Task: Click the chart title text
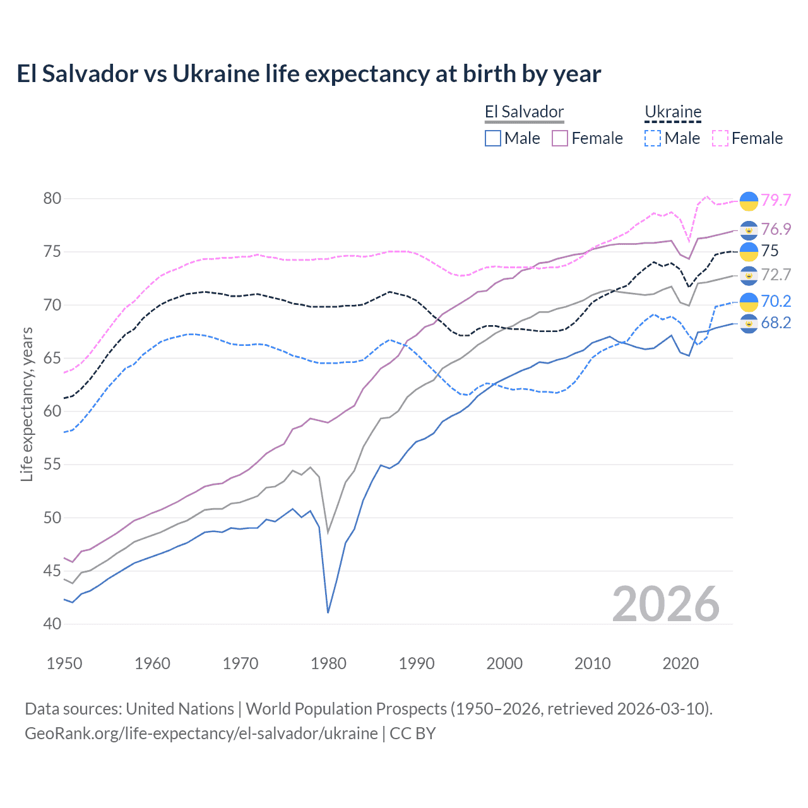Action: point(309,74)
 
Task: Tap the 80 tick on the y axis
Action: point(52,198)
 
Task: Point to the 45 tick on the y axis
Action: point(52,571)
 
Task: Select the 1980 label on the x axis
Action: point(328,663)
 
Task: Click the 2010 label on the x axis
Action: point(592,663)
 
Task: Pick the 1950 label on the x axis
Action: point(64,663)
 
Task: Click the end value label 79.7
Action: point(776,200)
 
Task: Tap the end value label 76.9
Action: point(776,229)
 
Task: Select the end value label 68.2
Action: point(776,323)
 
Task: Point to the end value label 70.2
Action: point(776,302)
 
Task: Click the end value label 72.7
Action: point(776,275)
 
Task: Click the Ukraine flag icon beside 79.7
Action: point(749,201)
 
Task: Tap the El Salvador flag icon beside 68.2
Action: point(749,324)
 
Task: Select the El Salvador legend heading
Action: point(524,112)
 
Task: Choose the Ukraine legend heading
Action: point(673,112)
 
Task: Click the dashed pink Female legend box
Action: point(720,138)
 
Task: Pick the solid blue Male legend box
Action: point(493,138)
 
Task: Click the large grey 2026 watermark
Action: point(666,605)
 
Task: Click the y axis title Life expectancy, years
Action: point(27,404)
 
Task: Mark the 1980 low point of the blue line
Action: point(328,612)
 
